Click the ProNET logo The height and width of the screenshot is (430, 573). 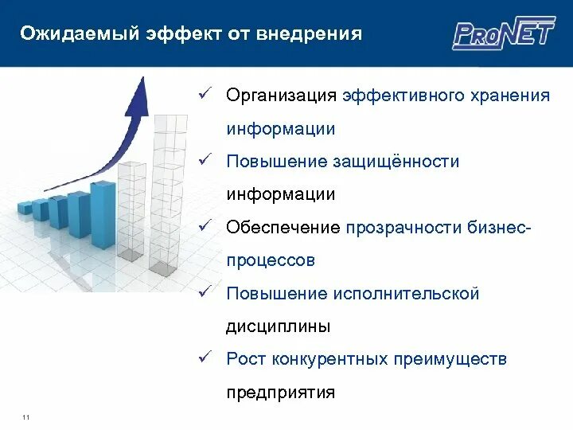click(503, 33)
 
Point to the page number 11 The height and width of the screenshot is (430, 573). click(26, 418)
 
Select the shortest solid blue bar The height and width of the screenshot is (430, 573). click(25, 209)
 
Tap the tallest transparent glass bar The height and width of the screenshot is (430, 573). click(169, 191)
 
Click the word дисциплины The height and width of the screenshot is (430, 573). click(278, 326)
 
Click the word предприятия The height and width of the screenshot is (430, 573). click(280, 393)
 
